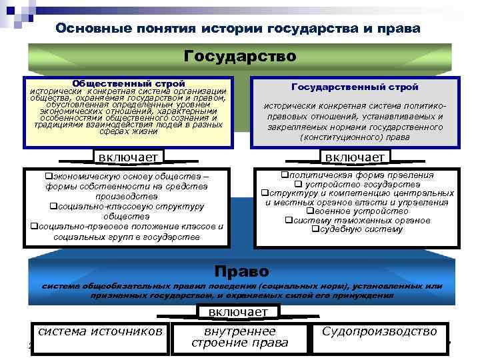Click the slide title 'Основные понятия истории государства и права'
pyautogui.click(x=239, y=29)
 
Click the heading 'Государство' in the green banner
pyautogui.click(x=239, y=55)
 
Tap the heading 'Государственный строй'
pyautogui.click(x=355, y=87)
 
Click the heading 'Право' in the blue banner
pyautogui.click(x=241, y=271)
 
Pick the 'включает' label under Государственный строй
pyautogui.click(x=354, y=156)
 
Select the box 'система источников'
pyautogui.click(x=100, y=331)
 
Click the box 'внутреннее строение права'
pyautogui.click(x=239, y=337)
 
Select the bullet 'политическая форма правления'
pyautogui.click(x=357, y=175)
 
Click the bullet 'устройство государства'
pyautogui.click(x=357, y=185)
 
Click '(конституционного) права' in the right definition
pyautogui.click(x=355, y=137)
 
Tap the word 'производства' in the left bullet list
pyautogui.click(x=126, y=196)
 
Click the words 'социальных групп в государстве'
pyautogui.click(x=127, y=236)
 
